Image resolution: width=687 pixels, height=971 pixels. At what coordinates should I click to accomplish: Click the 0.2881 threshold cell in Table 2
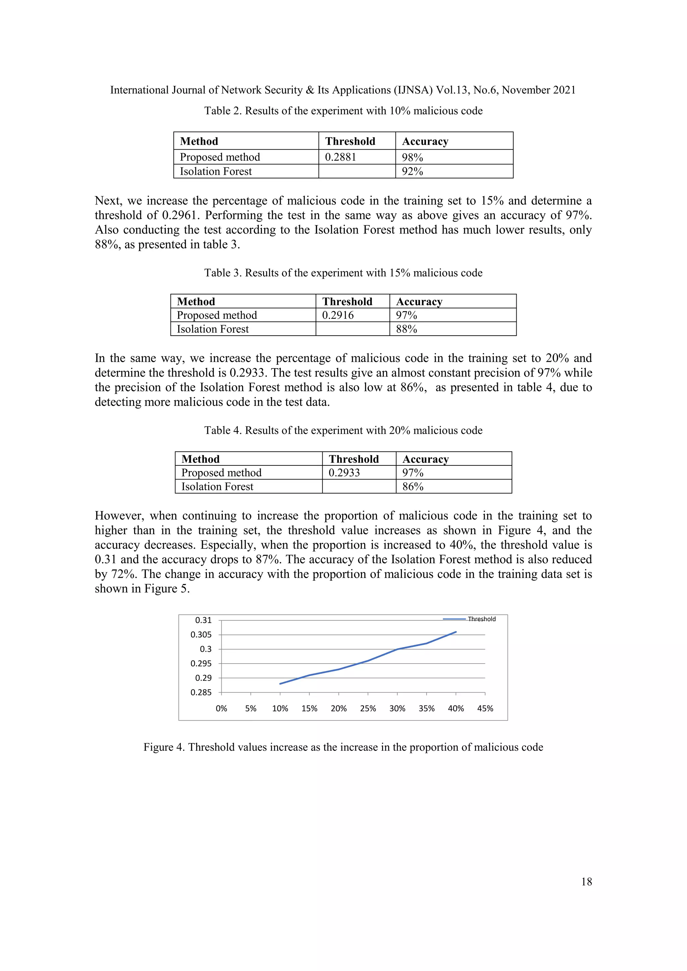[340, 157]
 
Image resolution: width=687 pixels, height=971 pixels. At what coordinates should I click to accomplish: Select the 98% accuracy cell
[413, 157]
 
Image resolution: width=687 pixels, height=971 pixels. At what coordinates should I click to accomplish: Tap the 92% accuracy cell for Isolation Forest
[413, 171]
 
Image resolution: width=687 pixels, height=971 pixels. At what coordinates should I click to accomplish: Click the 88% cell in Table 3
[407, 329]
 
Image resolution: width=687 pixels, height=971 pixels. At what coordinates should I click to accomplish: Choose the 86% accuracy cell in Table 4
[413, 487]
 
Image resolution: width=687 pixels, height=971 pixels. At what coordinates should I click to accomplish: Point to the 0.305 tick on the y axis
[201, 635]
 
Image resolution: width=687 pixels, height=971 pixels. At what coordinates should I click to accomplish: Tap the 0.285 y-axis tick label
[201, 692]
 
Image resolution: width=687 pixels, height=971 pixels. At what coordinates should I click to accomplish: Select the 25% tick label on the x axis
[368, 708]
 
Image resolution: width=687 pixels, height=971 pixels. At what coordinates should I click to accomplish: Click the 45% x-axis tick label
[485, 708]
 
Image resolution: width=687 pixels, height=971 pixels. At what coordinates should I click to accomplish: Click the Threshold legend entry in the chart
[481, 619]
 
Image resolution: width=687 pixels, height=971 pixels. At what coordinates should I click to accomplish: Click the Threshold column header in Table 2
[350, 141]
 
